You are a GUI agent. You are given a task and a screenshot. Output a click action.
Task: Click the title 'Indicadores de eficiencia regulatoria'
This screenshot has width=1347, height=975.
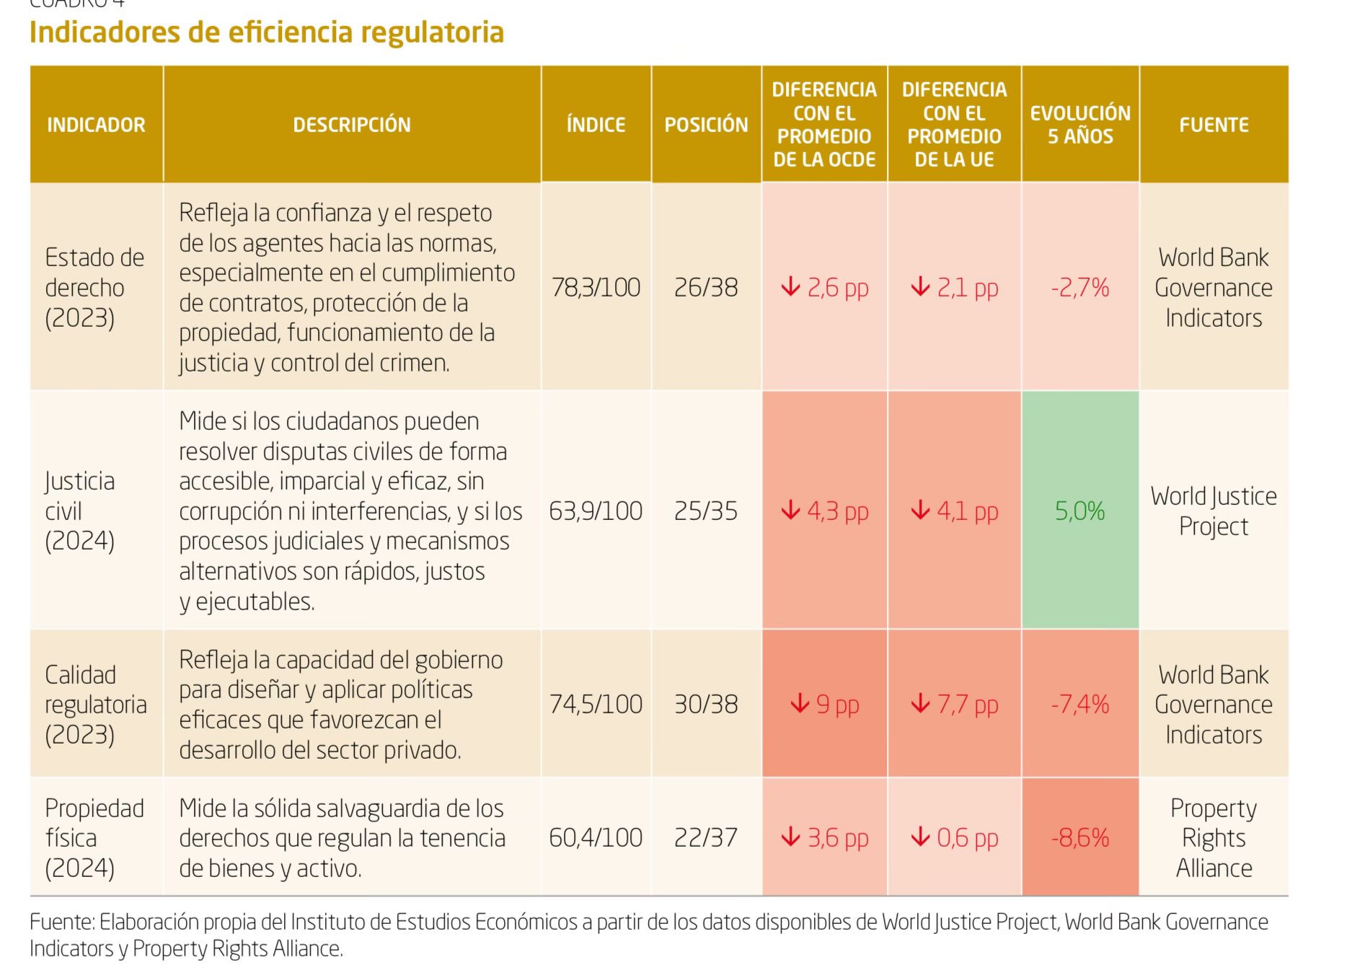(x=266, y=33)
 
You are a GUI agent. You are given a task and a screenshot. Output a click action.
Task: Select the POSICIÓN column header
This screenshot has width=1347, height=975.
(x=706, y=125)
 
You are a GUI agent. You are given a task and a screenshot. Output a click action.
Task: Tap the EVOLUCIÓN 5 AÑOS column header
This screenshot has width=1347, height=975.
(x=1079, y=125)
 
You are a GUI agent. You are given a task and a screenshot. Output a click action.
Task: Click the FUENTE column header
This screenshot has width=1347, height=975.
(x=1214, y=125)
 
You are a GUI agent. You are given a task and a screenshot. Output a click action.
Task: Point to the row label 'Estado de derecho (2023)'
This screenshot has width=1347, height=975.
(x=94, y=288)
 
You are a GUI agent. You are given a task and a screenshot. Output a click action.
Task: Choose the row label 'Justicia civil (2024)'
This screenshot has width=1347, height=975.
(x=80, y=511)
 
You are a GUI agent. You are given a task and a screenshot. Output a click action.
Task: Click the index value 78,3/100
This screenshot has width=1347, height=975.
(x=596, y=288)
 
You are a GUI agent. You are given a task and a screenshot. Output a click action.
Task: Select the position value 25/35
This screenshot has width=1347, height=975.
(x=706, y=511)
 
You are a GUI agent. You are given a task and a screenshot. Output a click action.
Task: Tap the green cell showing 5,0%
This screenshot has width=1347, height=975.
(x=1079, y=511)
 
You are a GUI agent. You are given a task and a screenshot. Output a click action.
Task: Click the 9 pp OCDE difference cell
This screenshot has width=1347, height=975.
(x=824, y=704)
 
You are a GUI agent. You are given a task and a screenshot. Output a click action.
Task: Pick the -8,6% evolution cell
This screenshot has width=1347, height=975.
(x=1079, y=837)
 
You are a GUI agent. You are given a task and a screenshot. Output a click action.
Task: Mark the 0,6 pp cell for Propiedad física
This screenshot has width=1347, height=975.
(x=954, y=837)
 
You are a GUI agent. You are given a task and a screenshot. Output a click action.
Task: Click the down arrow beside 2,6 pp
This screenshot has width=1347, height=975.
(x=790, y=287)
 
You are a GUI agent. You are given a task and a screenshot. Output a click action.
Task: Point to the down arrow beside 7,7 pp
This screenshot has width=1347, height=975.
(x=920, y=703)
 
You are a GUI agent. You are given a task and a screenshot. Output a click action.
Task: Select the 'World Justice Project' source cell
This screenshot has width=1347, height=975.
(x=1214, y=511)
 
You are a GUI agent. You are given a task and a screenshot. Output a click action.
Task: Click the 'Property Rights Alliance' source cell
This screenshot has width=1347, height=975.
(x=1214, y=837)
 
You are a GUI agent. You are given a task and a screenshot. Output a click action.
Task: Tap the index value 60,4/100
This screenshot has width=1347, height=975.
(x=596, y=837)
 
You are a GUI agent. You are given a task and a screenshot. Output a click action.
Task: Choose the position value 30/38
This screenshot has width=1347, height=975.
(x=706, y=704)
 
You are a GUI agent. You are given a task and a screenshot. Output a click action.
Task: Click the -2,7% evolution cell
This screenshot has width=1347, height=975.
(x=1079, y=288)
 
